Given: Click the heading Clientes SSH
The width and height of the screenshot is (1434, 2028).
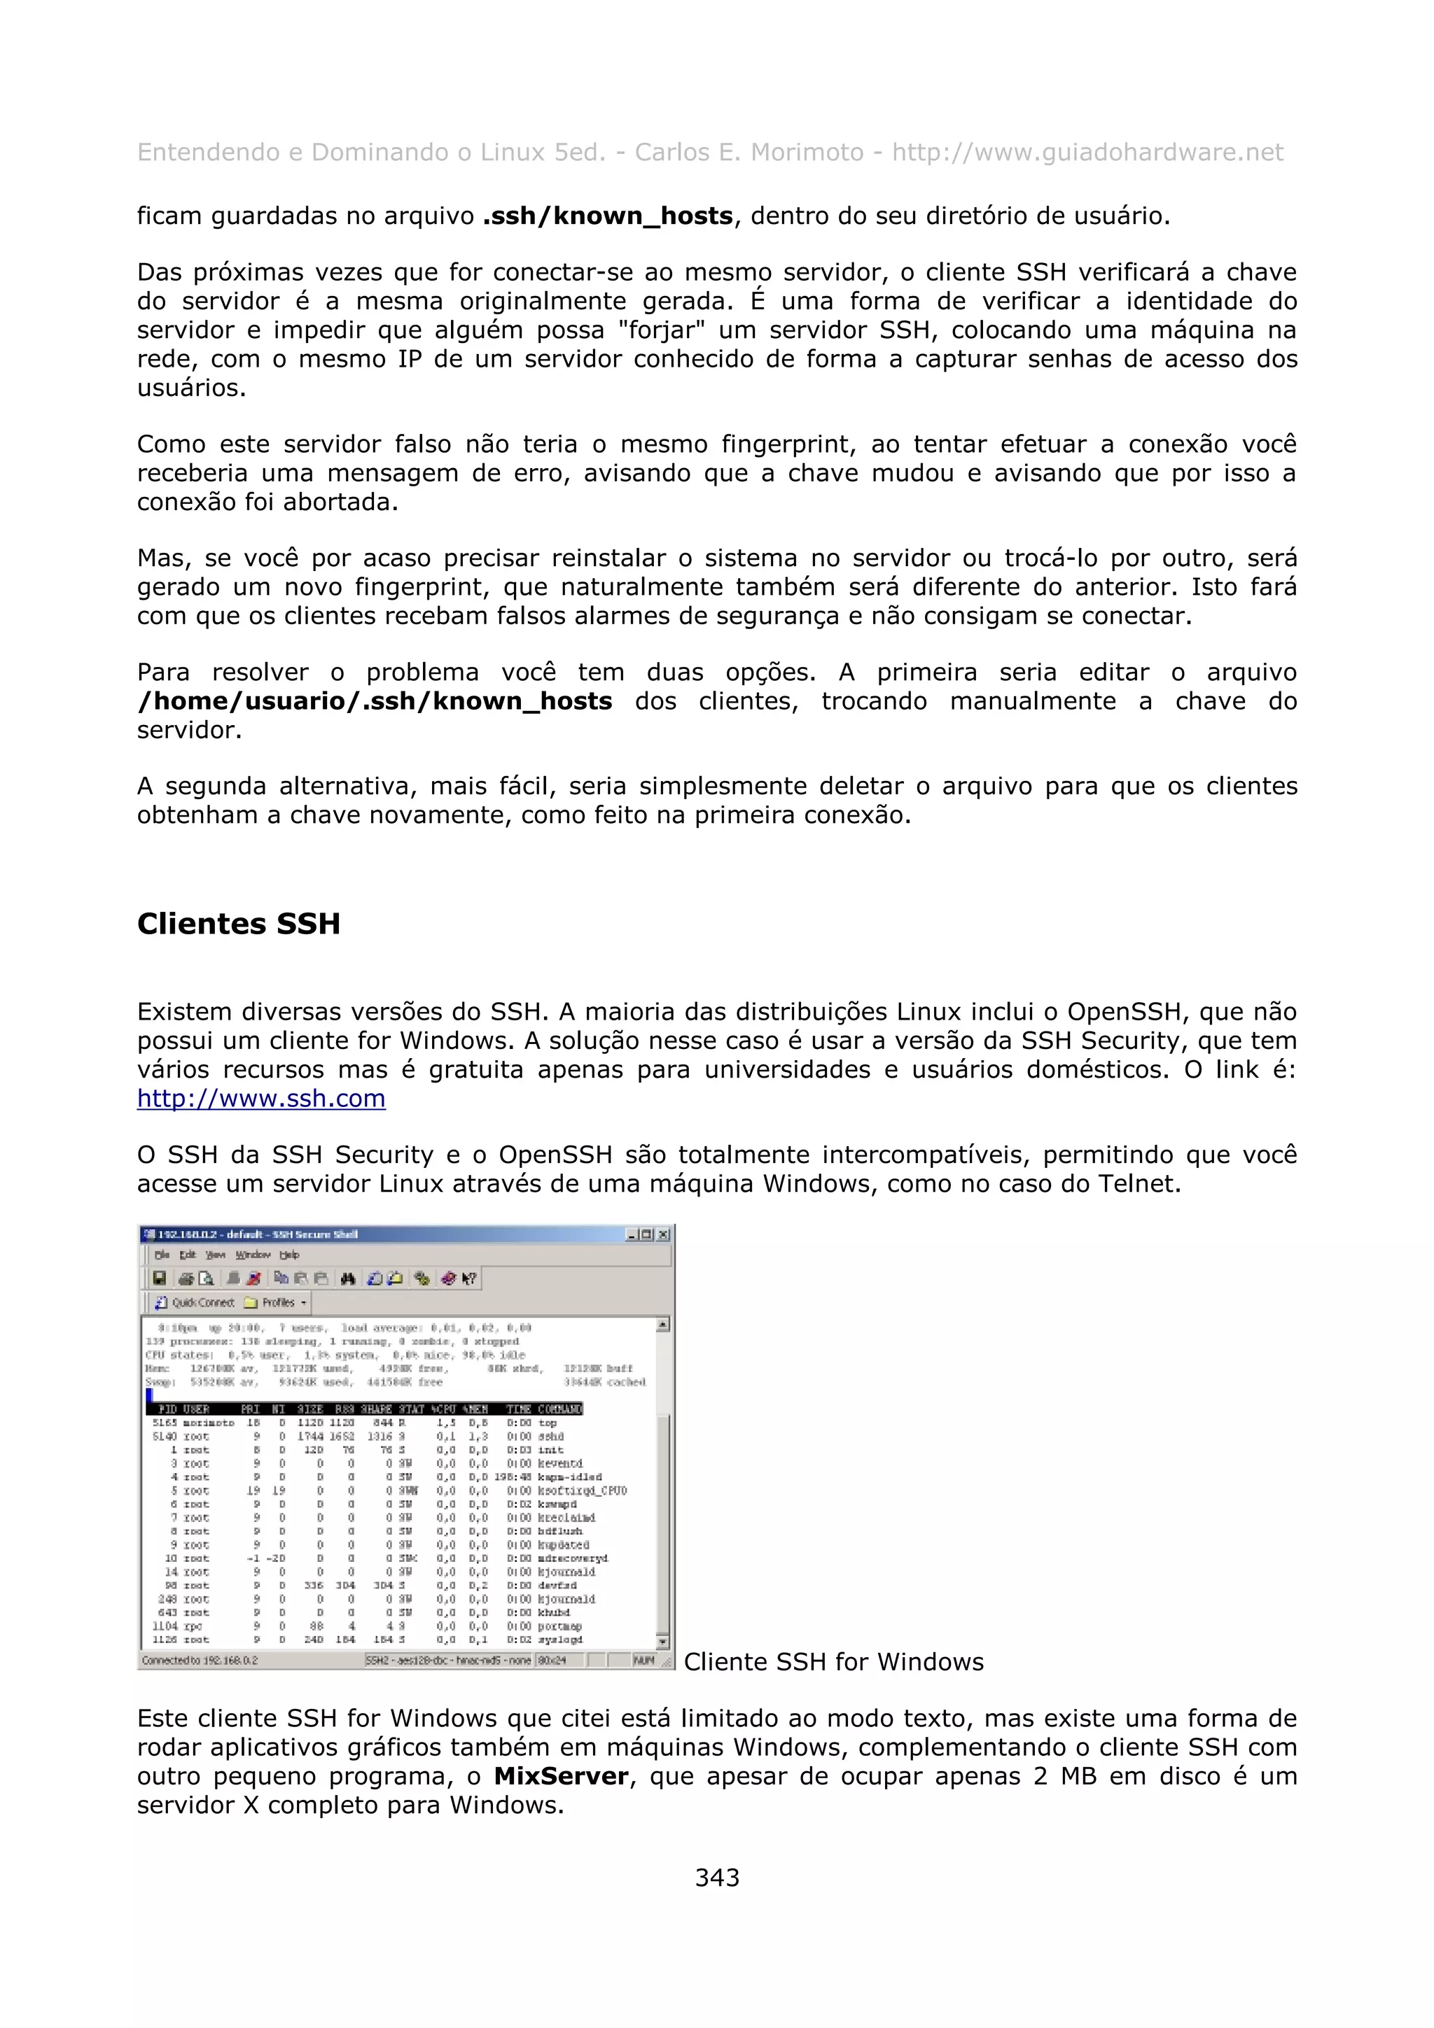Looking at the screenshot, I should [239, 924].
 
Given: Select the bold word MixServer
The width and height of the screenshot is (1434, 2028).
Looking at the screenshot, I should [561, 1776].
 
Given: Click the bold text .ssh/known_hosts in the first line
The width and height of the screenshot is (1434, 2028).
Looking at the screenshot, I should [608, 216].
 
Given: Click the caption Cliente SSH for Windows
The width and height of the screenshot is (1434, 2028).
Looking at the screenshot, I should [833, 1661].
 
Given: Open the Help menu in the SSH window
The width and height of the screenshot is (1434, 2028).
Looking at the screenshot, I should [289, 1254].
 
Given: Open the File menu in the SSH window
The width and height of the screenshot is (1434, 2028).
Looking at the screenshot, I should [162, 1254].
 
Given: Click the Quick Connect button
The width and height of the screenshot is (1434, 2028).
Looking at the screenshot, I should [195, 1302].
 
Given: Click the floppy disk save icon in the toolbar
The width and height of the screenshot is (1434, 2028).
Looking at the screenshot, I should [160, 1278].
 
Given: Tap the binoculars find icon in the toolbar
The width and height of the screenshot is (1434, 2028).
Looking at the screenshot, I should [347, 1278].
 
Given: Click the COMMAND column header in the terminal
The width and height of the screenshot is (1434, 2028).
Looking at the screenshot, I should [559, 1409].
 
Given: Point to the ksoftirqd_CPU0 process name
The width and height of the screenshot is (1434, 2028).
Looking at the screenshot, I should [583, 1490].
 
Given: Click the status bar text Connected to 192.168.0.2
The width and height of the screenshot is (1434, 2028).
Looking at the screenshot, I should [200, 1660].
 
